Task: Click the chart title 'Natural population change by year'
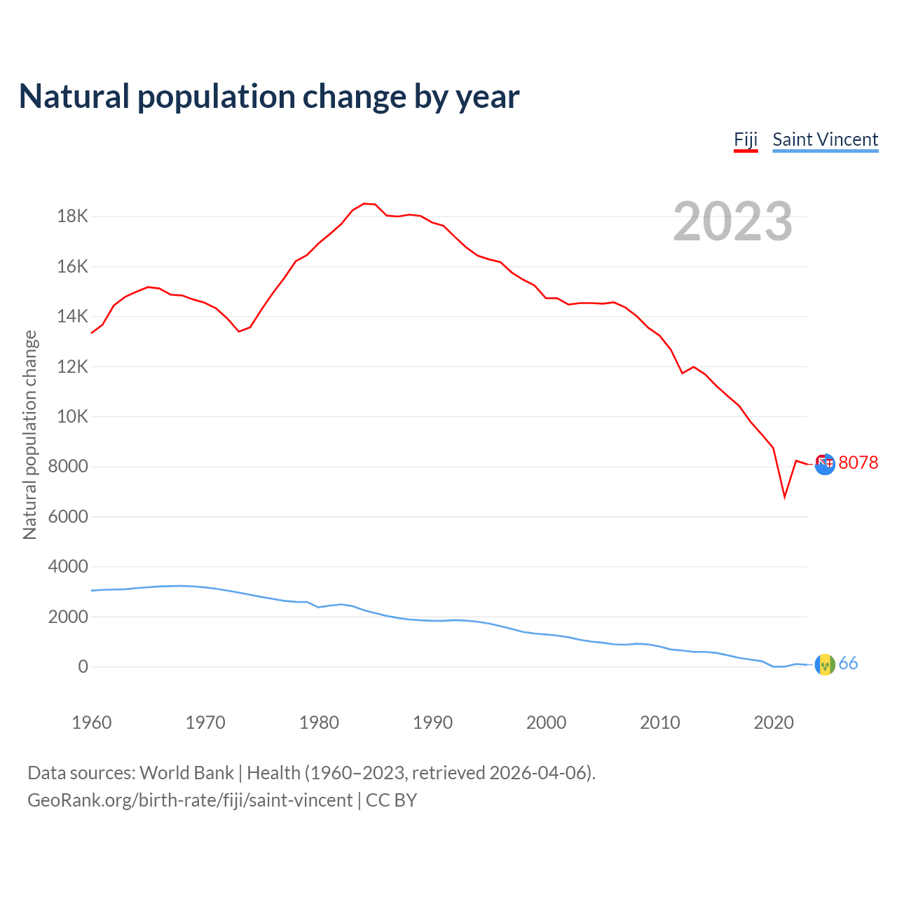269,97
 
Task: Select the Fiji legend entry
746,139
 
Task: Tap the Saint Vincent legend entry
825,139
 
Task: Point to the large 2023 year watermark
732,221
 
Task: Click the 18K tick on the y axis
73,216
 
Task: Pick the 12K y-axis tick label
73,367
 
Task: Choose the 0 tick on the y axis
83,666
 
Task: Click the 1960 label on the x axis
92,723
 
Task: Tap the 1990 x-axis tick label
432,723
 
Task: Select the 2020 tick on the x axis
773,723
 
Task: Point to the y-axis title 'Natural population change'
29,434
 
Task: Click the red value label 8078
858,463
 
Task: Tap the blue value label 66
848,664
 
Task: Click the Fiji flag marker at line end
825,463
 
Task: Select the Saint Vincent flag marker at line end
825,664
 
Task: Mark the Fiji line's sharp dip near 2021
785,497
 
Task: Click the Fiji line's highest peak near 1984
364,203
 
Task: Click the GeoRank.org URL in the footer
190,800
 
